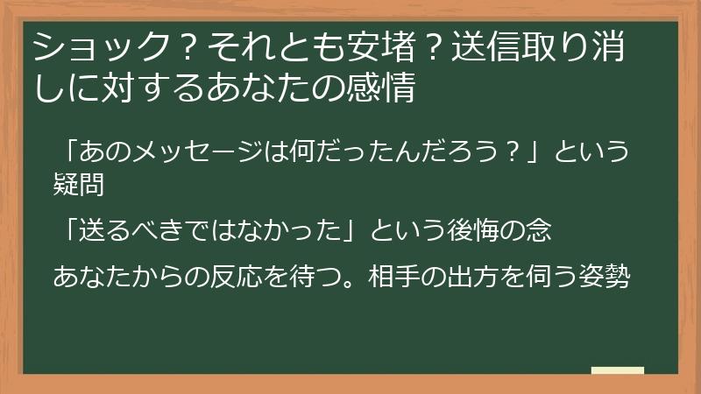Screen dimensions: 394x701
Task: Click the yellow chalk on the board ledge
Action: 617,371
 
